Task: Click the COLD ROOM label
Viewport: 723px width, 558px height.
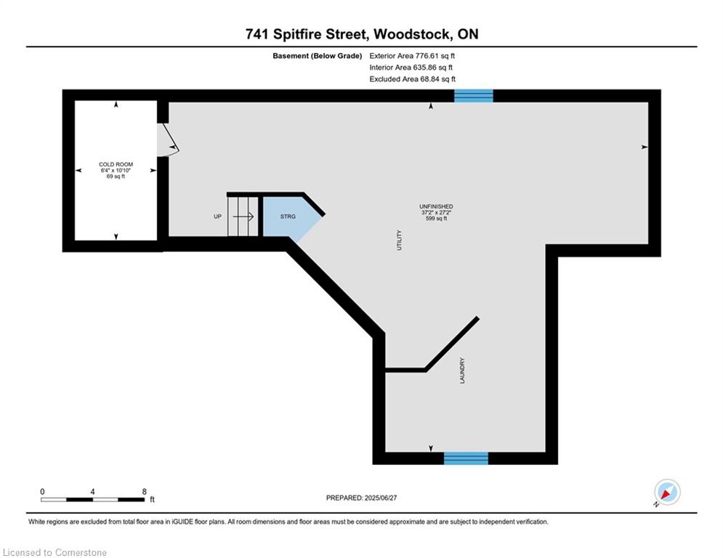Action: [x=116, y=164]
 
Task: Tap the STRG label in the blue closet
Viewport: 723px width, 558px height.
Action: [x=288, y=217]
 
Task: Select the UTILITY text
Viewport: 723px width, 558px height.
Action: [x=400, y=240]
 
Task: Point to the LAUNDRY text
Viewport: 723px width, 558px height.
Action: [x=462, y=371]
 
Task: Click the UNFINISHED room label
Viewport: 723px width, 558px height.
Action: [x=436, y=206]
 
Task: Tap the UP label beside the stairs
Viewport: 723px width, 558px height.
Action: [x=218, y=217]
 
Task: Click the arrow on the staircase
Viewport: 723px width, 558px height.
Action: [x=243, y=217]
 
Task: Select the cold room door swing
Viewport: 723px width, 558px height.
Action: [x=168, y=139]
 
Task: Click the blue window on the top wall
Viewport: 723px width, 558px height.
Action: [x=474, y=96]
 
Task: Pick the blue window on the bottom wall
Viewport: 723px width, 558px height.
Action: [x=466, y=458]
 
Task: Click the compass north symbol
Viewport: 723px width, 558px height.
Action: [x=667, y=493]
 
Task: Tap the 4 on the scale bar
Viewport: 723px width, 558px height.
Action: [x=93, y=492]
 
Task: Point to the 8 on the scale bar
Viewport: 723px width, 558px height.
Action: [x=145, y=492]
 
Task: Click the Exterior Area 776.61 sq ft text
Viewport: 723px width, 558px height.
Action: [x=412, y=56]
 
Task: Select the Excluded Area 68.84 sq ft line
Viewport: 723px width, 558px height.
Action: [x=412, y=79]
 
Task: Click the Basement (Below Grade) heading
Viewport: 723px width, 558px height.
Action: [x=318, y=56]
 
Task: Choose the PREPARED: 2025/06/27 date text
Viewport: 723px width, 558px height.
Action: [x=362, y=498]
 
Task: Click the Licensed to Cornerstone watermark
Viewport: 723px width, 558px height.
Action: [x=54, y=552]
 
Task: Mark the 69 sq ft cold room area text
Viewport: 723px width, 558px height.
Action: [x=116, y=176]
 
